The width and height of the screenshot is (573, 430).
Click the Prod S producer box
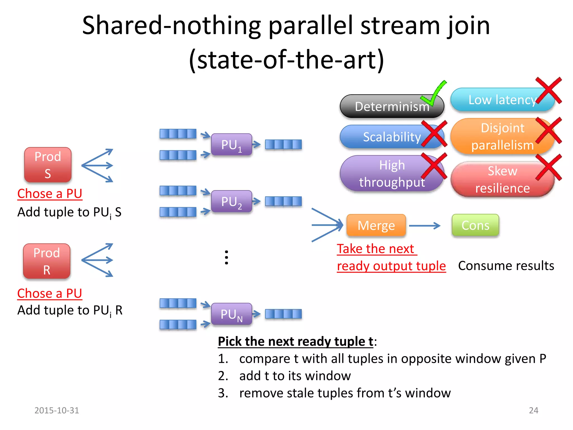point(48,165)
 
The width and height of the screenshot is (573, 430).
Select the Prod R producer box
point(47,261)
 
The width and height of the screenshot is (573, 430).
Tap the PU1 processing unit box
point(231,145)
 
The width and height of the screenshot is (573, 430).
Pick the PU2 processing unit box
point(231,202)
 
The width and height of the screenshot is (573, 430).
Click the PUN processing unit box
point(231,314)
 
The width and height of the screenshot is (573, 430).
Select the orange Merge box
point(376,225)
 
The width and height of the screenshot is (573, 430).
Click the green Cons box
point(475,225)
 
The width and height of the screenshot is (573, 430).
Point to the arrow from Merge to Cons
point(424,226)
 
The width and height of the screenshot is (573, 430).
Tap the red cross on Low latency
point(548,90)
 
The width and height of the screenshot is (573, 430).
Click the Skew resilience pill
point(502,179)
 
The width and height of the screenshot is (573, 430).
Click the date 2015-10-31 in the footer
point(57,410)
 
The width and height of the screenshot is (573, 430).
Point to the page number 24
point(534,410)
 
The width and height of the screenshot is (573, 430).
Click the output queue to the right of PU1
point(283,145)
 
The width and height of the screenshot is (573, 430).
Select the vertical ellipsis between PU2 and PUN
point(226,258)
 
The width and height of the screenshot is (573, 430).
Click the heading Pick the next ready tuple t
point(295,342)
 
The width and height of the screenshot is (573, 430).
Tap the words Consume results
point(506,266)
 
